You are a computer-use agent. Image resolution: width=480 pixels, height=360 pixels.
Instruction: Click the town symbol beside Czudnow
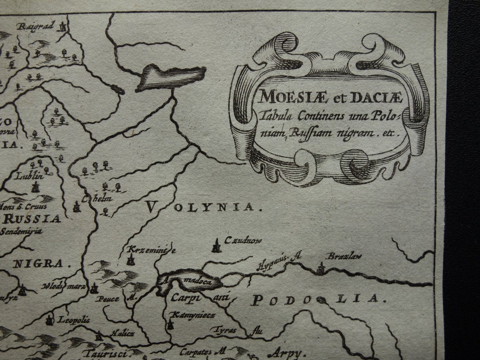[216, 246]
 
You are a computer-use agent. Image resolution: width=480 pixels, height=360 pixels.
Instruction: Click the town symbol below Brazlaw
[321, 268]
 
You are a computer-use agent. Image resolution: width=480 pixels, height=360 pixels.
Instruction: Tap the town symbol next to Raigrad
[64, 27]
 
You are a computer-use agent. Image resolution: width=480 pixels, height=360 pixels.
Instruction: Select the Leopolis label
[74, 320]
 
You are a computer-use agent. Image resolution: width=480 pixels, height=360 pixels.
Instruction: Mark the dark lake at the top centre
[171, 76]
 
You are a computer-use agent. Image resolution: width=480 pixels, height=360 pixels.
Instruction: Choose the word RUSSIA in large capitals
[32, 219]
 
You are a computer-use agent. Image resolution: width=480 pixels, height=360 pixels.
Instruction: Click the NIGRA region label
[38, 263]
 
